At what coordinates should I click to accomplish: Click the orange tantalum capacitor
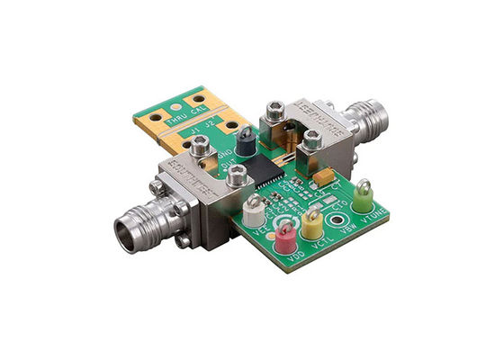coord(326,175)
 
